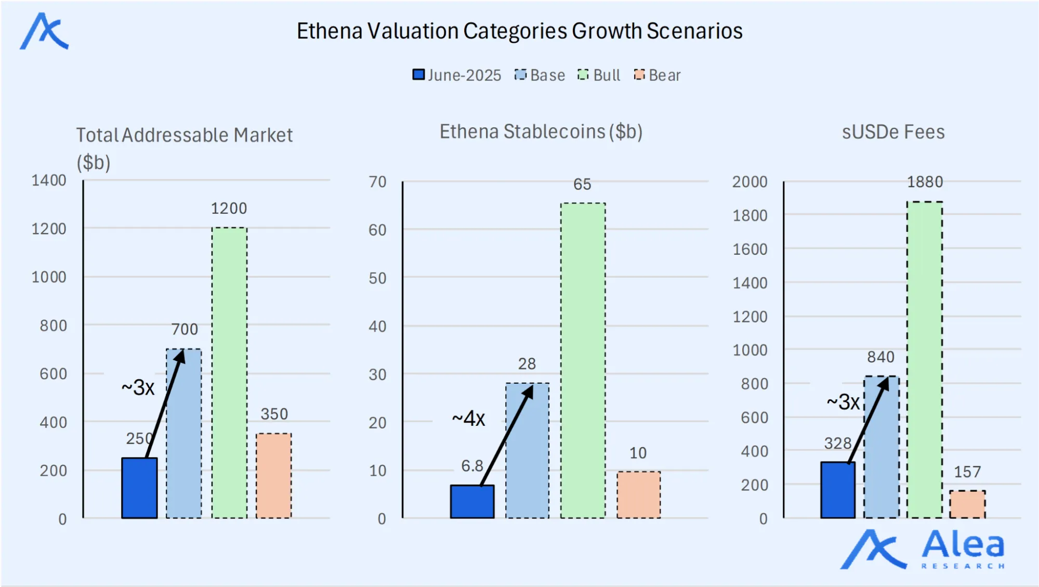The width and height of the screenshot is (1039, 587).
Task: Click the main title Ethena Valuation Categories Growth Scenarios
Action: (x=519, y=31)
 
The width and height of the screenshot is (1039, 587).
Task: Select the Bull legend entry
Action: (x=599, y=75)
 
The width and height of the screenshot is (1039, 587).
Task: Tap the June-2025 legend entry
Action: (x=457, y=75)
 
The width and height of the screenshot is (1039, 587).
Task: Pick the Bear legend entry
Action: (x=657, y=75)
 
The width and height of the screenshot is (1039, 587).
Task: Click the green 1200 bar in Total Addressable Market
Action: (x=229, y=372)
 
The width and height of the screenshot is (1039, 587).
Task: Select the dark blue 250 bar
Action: (x=139, y=488)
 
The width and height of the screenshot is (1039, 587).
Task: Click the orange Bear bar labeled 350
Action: (x=274, y=475)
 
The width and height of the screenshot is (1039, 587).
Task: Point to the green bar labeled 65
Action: (x=583, y=360)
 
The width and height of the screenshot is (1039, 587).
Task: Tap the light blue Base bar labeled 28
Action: (x=527, y=450)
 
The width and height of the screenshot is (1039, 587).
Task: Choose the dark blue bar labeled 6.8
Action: (x=472, y=501)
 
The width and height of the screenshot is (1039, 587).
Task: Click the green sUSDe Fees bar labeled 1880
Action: (x=925, y=359)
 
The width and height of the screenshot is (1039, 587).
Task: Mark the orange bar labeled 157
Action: (x=967, y=504)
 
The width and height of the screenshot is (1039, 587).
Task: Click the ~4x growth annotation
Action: (x=468, y=418)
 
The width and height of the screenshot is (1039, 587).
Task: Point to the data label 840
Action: (x=880, y=357)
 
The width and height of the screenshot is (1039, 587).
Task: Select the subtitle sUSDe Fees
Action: (x=893, y=132)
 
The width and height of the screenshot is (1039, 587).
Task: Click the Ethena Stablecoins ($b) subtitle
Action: (x=541, y=132)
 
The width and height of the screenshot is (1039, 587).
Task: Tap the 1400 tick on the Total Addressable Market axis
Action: (x=49, y=180)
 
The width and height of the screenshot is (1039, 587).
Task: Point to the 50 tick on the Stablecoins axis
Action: (x=377, y=278)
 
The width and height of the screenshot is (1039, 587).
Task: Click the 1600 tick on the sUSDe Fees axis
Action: (x=749, y=249)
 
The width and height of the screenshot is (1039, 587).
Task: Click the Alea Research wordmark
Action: (x=963, y=549)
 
